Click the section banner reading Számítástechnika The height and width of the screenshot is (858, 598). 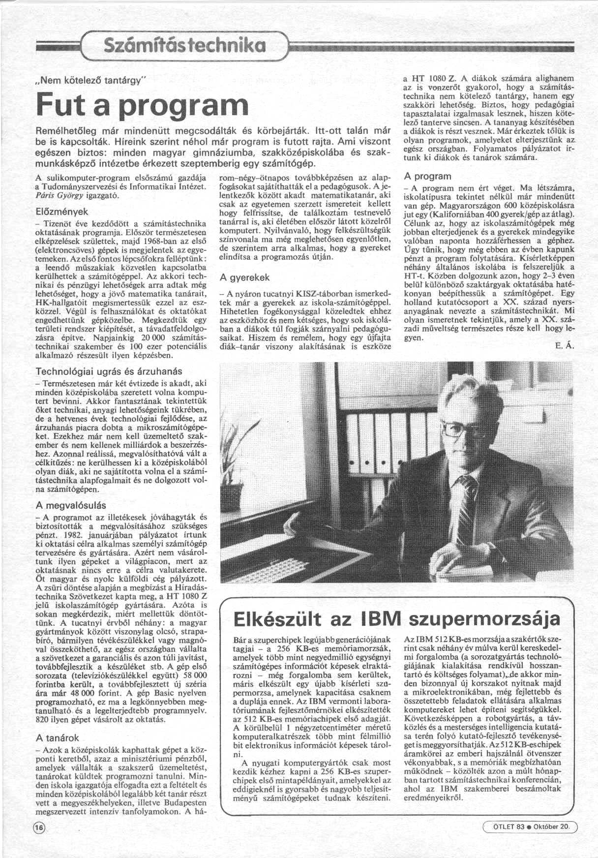point(182,46)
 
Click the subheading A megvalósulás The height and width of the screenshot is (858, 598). point(71,505)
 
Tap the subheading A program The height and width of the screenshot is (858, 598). point(427,176)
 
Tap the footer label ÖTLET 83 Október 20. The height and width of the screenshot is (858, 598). point(529,826)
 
